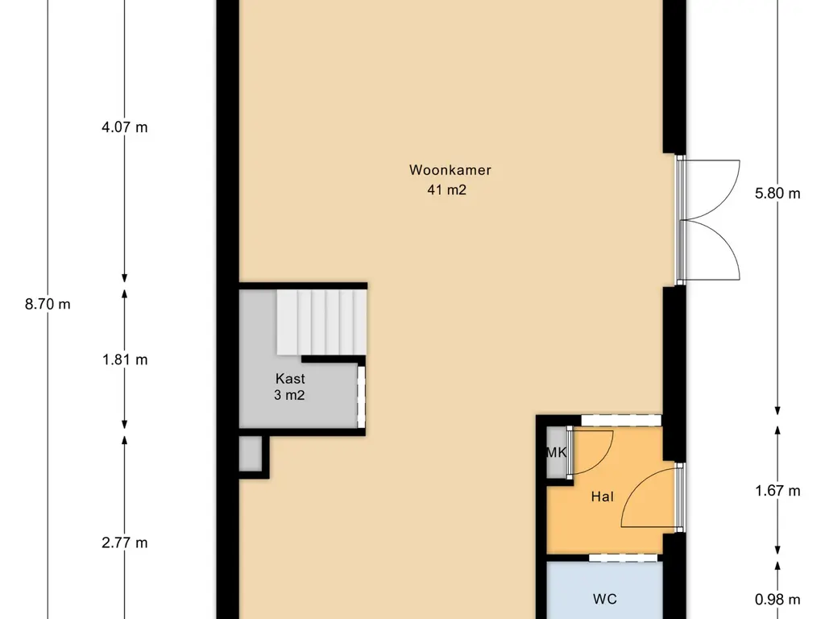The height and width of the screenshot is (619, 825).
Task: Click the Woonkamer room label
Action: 450,170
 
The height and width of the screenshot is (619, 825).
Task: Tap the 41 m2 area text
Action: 446,189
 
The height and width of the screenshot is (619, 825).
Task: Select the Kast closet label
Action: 290,379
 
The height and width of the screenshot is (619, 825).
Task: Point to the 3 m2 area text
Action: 289,395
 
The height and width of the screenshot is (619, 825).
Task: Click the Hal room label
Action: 602,496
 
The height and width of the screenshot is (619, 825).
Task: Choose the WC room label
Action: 604,599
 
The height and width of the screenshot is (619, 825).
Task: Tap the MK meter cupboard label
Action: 556,452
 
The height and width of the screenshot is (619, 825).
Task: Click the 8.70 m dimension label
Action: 48,304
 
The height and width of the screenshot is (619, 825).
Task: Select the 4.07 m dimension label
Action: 125,127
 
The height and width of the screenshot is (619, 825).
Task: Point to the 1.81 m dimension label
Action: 125,360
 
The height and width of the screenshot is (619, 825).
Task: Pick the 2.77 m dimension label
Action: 125,542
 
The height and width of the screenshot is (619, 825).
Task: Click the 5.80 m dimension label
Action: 777,193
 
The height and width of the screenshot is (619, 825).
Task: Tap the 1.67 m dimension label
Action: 777,491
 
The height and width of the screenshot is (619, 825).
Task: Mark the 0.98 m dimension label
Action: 777,600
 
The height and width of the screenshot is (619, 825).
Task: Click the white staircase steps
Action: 321,322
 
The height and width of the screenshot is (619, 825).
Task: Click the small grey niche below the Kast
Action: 251,453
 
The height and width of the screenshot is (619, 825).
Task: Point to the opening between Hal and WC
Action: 623,558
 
